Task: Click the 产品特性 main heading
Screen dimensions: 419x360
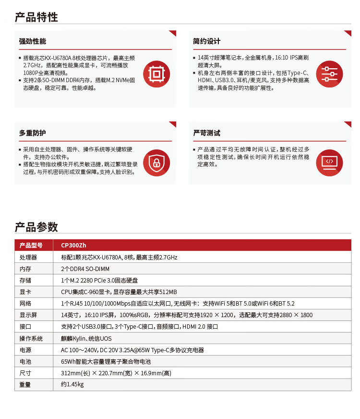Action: click(36, 17)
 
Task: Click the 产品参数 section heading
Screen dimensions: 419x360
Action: click(36, 227)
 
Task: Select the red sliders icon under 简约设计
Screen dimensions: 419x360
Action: click(329, 74)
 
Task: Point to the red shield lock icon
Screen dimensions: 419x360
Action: click(156, 162)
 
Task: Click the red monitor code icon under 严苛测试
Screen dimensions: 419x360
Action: click(329, 162)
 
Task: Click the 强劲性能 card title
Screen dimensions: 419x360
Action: click(33, 41)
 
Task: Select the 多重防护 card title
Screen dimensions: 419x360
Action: click(33, 133)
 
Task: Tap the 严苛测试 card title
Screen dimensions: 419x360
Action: click(206, 133)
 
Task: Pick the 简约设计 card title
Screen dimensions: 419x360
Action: click(206, 41)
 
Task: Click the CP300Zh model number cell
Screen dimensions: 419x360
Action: click(73, 246)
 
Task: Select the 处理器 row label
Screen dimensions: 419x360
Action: click(28, 258)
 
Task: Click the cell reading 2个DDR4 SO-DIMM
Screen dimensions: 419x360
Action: click(85, 269)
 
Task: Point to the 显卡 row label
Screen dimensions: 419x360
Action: click(25, 292)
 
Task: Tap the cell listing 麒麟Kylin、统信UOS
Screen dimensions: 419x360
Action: click(86, 339)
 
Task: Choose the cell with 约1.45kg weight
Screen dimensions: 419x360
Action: click(72, 385)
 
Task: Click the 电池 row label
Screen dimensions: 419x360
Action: click(25, 362)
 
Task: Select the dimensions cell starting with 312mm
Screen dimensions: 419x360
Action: click(116, 373)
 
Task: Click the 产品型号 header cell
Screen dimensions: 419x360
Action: click(31, 246)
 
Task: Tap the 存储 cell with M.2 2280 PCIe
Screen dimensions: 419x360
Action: click(99, 281)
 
